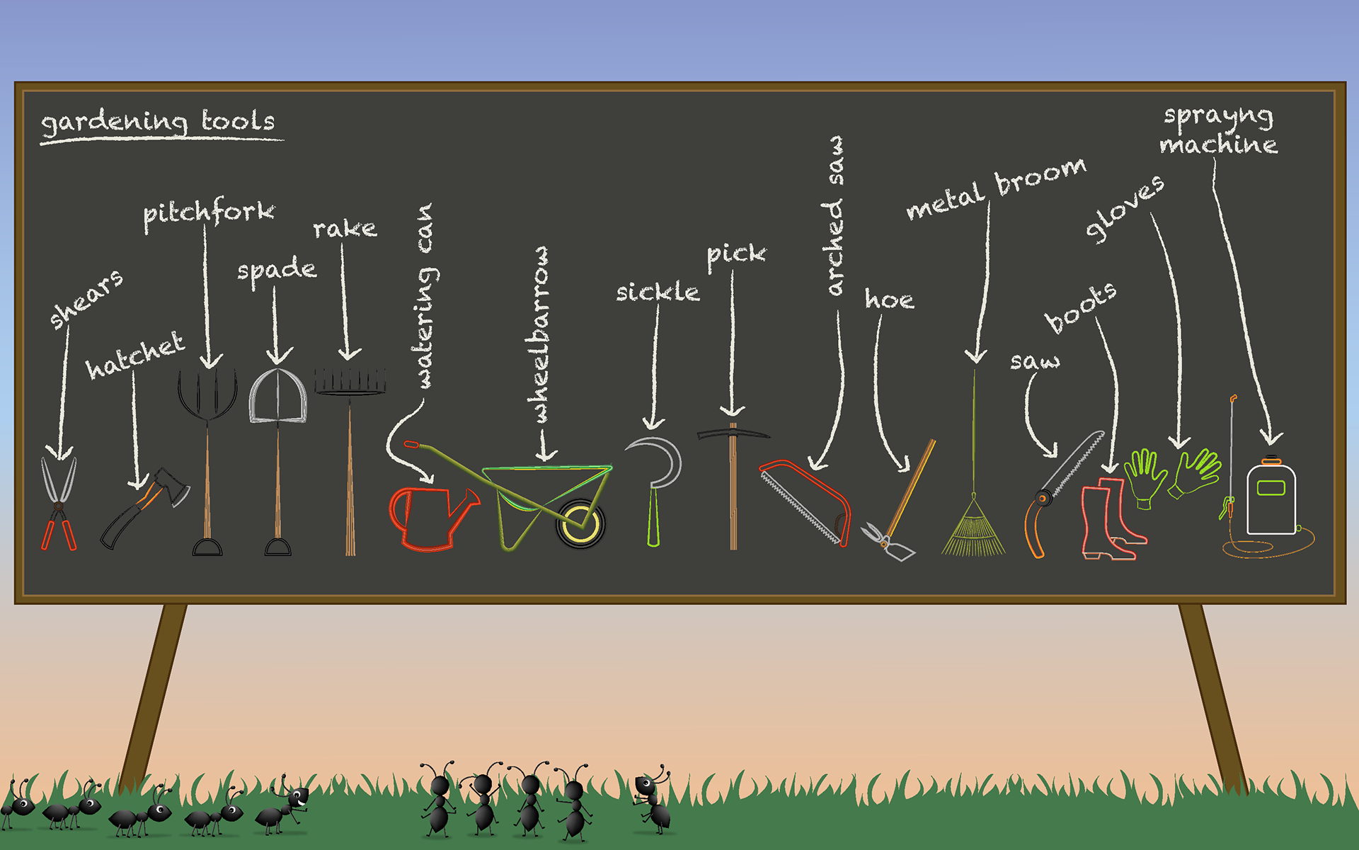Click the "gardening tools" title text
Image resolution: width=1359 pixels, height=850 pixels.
pos(159,123)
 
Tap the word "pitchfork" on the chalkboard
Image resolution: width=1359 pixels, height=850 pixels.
pos(208,213)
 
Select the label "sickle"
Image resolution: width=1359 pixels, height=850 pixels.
pos(657,292)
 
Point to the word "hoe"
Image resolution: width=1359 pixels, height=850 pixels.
pos(889,300)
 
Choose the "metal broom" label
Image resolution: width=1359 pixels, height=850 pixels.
pos(995,189)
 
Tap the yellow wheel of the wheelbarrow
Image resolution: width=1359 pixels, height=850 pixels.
pos(580,523)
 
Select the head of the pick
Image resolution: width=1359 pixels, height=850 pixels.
pos(733,433)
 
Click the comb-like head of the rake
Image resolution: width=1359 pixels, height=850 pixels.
pos(350,382)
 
